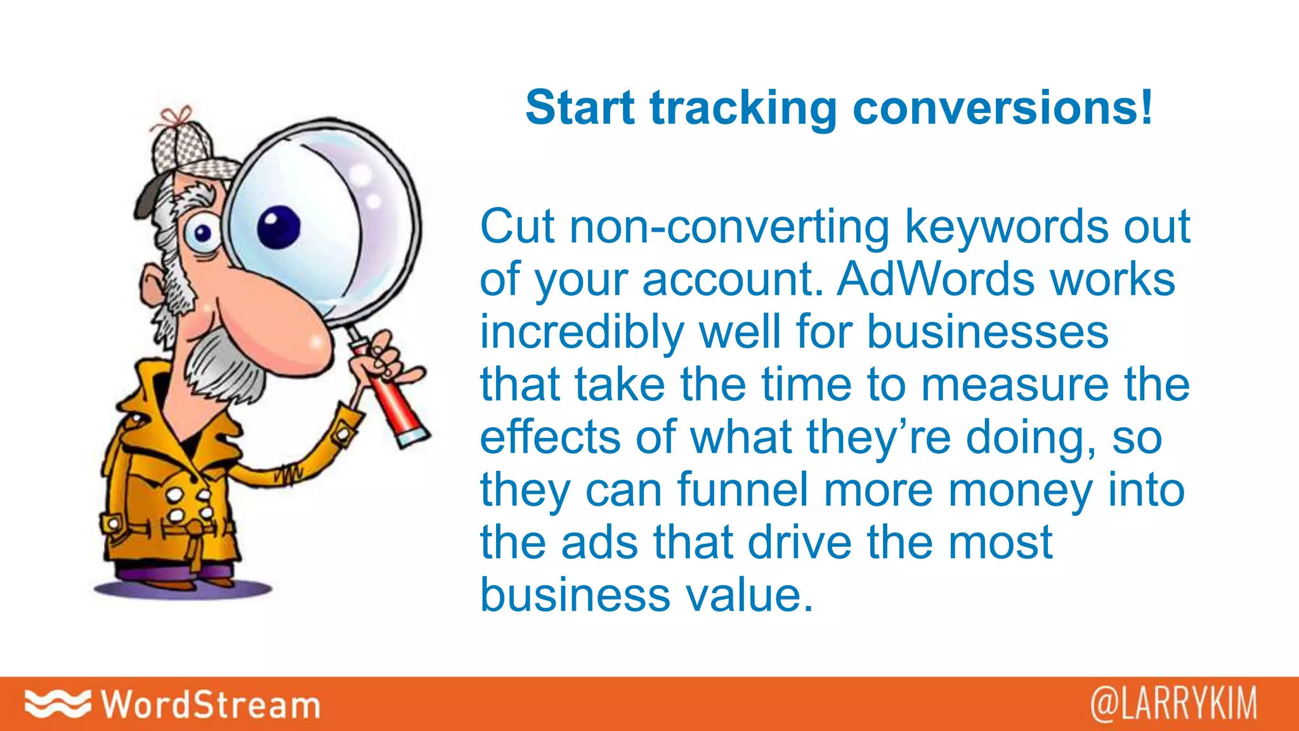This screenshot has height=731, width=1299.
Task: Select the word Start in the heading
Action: pyautogui.click(x=580, y=108)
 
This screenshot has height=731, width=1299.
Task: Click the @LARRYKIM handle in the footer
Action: pyautogui.click(x=1173, y=704)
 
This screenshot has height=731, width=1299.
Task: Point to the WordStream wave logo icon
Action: pyautogui.click(x=57, y=703)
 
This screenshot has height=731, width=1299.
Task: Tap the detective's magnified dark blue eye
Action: pyautogui.click(x=278, y=227)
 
